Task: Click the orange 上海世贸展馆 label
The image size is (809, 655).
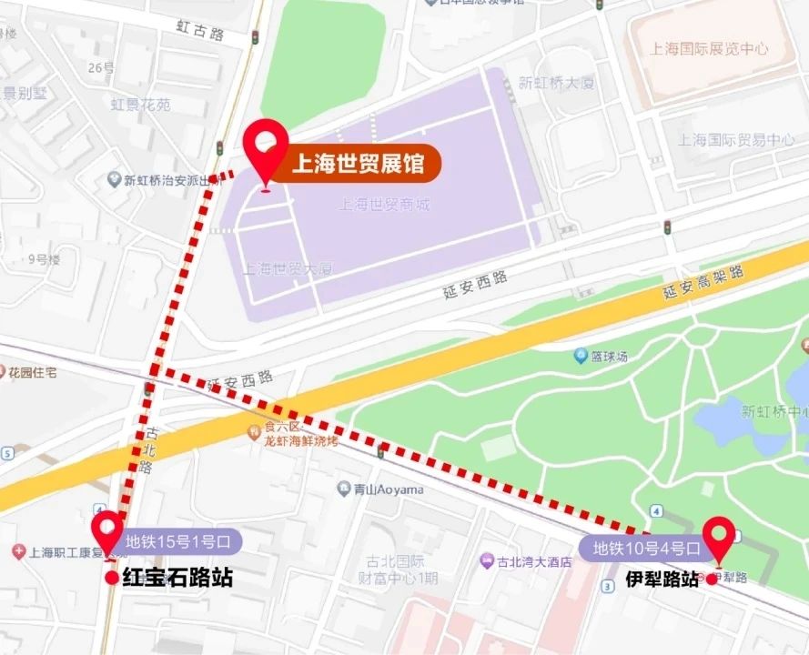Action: [x=357, y=165]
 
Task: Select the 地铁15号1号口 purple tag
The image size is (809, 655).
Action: [x=177, y=542]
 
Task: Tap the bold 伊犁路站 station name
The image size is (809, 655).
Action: [x=662, y=579]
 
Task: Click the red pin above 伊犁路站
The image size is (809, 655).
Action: [x=719, y=538]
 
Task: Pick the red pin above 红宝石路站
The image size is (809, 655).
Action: [x=108, y=531]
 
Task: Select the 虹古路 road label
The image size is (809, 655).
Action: [x=200, y=33]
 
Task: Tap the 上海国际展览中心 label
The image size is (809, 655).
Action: [x=710, y=49]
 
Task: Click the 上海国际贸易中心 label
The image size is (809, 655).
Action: [x=735, y=140]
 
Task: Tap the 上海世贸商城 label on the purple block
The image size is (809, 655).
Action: [x=383, y=205]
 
